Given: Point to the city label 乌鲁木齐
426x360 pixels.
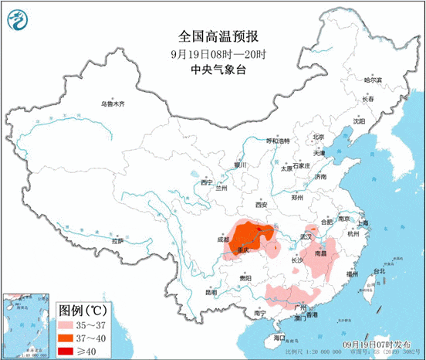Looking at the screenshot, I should [111, 104].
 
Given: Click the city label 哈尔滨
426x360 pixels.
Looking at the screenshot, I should [373, 80].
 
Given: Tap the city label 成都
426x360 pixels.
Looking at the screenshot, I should [223, 240].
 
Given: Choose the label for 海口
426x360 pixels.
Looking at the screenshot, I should [269, 338].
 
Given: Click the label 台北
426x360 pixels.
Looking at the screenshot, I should [378, 272].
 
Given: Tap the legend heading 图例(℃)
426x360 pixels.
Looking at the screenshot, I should [82, 311].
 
